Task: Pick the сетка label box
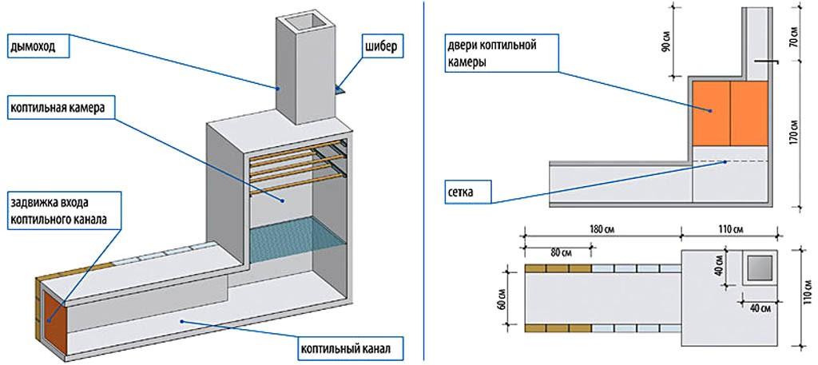[467, 192]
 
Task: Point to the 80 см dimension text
[561, 253]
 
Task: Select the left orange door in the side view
[710, 113]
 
